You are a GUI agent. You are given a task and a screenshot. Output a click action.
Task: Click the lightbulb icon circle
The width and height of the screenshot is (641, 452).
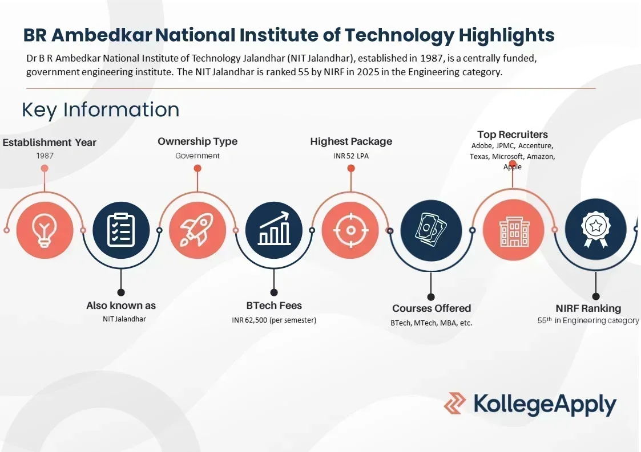[45, 230]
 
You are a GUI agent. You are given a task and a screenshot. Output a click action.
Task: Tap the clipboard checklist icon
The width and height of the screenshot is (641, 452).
[121, 230]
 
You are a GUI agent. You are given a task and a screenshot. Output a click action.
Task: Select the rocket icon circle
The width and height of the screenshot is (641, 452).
[197, 230]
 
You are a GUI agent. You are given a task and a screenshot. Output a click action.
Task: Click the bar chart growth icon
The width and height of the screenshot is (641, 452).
[274, 230]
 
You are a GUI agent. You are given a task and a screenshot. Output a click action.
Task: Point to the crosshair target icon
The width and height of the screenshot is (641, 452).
[350, 230]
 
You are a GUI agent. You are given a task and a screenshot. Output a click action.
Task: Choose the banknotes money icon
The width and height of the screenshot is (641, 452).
[431, 230]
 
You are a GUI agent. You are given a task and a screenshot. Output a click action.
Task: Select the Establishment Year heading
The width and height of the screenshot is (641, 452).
[50, 142]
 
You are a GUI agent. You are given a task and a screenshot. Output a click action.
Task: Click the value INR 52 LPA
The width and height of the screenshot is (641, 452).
[351, 156]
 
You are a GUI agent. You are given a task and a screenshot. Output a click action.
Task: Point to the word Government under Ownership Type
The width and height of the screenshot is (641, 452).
[197, 156]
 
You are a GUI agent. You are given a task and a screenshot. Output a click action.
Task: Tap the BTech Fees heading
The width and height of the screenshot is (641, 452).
[274, 306]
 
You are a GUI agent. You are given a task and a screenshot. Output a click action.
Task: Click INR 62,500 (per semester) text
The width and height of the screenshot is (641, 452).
[274, 320]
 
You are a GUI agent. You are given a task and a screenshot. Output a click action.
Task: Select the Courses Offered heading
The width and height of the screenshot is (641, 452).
[432, 308]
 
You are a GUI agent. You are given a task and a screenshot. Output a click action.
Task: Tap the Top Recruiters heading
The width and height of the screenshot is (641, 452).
[513, 135]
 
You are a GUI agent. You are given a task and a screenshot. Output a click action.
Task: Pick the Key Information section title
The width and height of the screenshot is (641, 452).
[100, 109]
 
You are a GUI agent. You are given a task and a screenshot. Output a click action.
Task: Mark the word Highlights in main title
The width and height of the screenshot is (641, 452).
[507, 35]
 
